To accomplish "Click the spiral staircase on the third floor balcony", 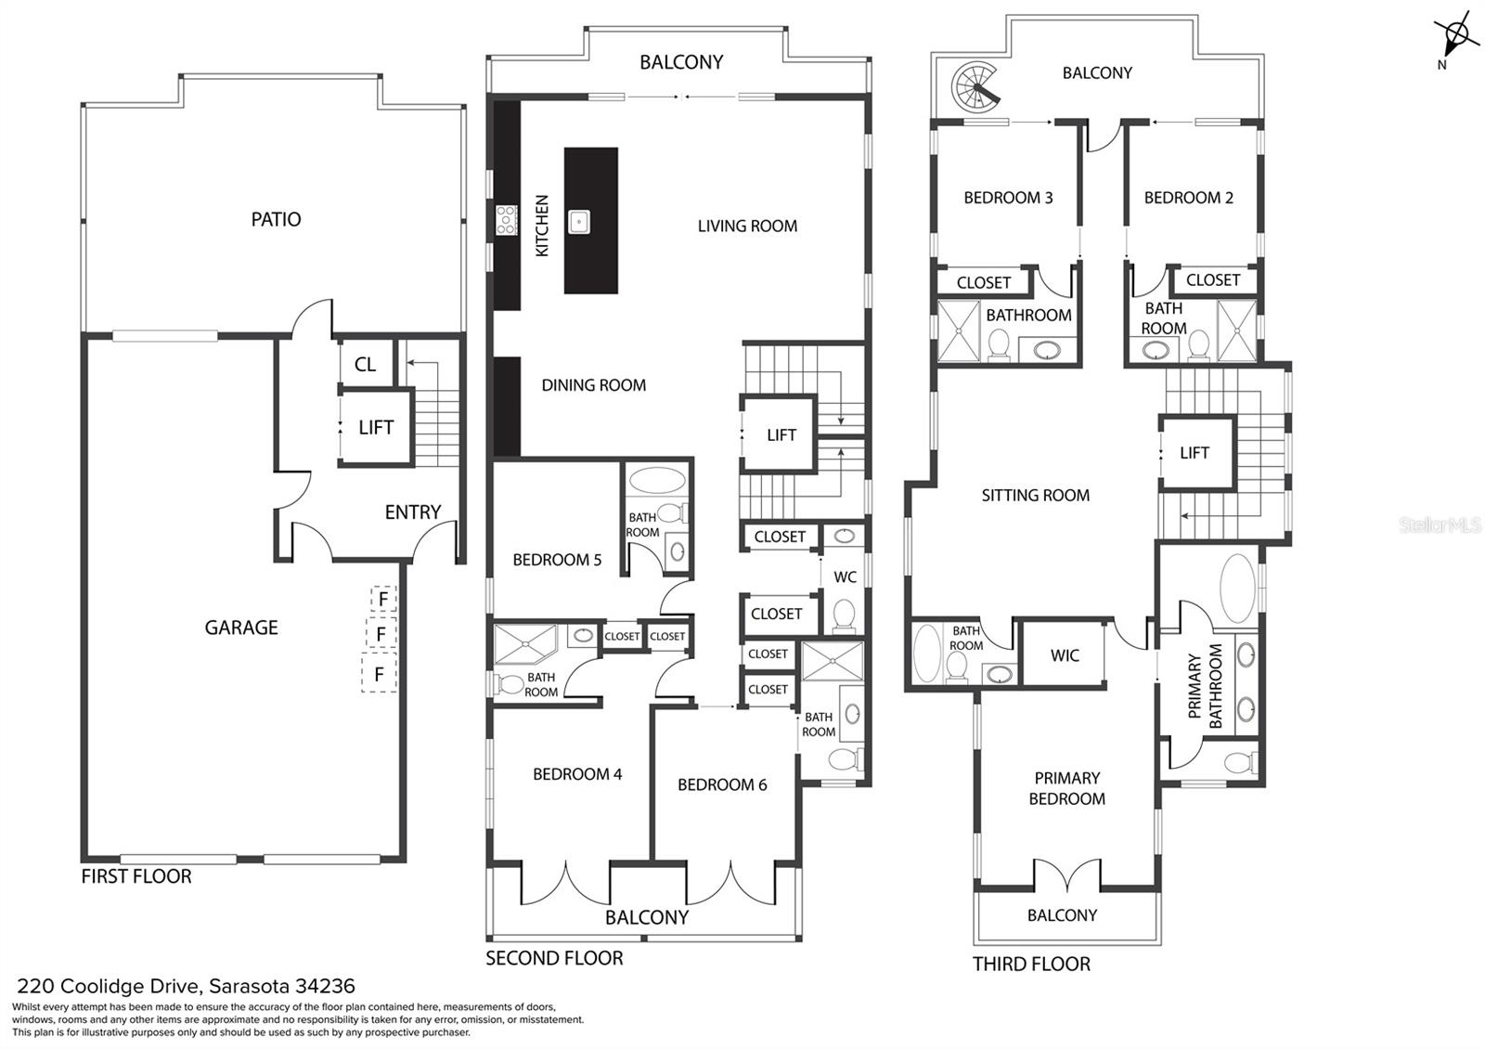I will click(x=972, y=88).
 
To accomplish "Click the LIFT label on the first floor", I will click(x=376, y=427).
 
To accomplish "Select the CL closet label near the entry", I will click(x=365, y=364).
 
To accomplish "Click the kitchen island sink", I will click(x=579, y=221).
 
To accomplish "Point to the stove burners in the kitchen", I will click(x=506, y=220).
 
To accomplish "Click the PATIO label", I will click(x=276, y=219).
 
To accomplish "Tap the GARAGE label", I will click(x=241, y=628).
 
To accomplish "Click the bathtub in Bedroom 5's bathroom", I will click(x=657, y=481).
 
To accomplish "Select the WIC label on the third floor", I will click(x=1065, y=655).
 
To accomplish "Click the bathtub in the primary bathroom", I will click(x=1234, y=585).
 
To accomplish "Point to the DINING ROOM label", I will click(x=593, y=385).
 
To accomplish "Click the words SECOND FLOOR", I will click(x=554, y=958).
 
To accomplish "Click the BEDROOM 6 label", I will click(x=722, y=784).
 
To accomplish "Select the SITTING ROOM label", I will click(x=1035, y=496).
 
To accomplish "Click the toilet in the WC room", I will click(x=844, y=615).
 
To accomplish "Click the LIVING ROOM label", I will click(x=747, y=226).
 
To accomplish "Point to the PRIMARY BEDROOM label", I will click(x=1066, y=788).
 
